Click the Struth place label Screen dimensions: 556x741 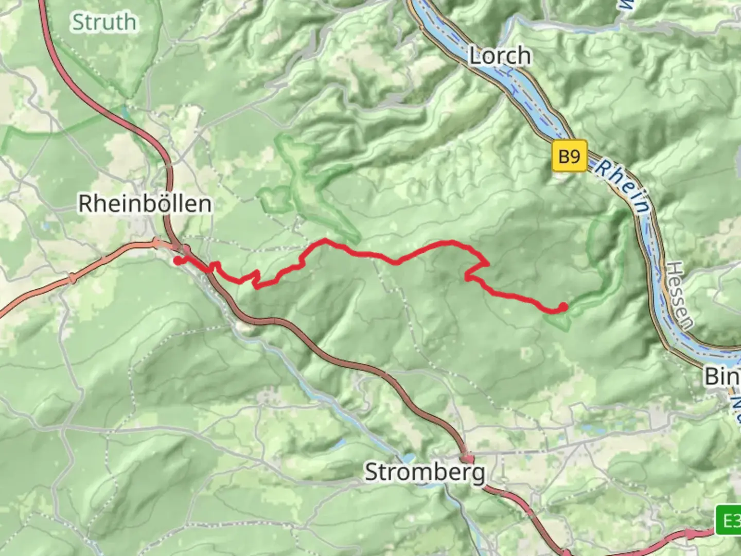104,22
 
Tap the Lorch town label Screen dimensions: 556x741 499,56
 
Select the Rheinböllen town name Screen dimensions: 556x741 145,204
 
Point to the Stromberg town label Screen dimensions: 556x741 425,472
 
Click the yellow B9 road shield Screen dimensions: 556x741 569,155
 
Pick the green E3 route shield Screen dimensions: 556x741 729,522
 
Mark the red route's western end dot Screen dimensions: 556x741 178,260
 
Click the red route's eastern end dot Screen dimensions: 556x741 563,307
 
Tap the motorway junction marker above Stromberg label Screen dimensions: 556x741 467,458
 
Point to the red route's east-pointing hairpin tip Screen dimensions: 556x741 487,264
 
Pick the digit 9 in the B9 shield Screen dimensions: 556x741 575,155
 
